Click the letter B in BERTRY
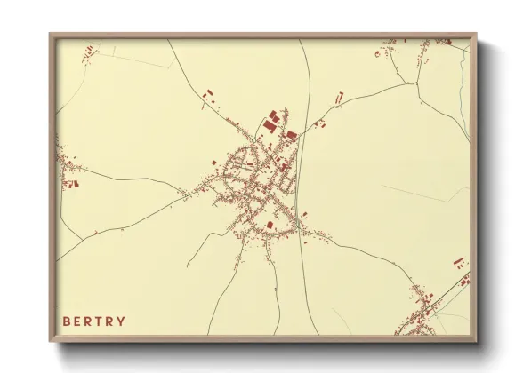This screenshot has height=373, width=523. pyautogui.click(x=67, y=321)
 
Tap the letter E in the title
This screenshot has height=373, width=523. pyautogui.click(x=78, y=321)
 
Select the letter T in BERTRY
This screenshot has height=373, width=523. pyautogui.click(x=100, y=321)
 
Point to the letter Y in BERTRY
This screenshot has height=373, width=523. pyautogui.click(x=121, y=321)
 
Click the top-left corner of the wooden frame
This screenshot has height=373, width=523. pyautogui.click(x=51, y=35)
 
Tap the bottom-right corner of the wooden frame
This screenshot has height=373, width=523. pyautogui.click(x=476, y=341)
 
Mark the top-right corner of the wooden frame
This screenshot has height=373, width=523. pyautogui.click(x=476, y=35)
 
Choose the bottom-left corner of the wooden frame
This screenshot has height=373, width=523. pyautogui.click(x=51, y=341)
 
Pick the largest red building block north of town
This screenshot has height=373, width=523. pyautogui.click(x=270, y=127)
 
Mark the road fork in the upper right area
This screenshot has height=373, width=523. pyautogui.click(x=414, y=83)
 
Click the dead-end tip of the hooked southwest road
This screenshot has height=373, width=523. pyautogui.click(x=189, y=266)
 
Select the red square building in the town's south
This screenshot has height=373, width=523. pyautogui.click(x=270, y=224)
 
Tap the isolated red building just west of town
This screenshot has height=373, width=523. pyautogui.click(x=213, y=162)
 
